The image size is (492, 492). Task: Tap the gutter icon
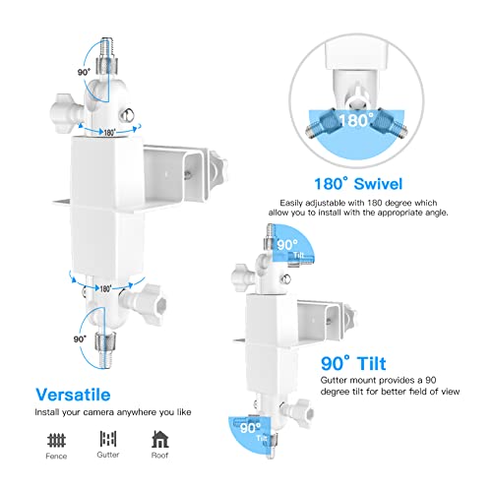click(108, 438)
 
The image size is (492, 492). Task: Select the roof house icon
click(158, 438)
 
